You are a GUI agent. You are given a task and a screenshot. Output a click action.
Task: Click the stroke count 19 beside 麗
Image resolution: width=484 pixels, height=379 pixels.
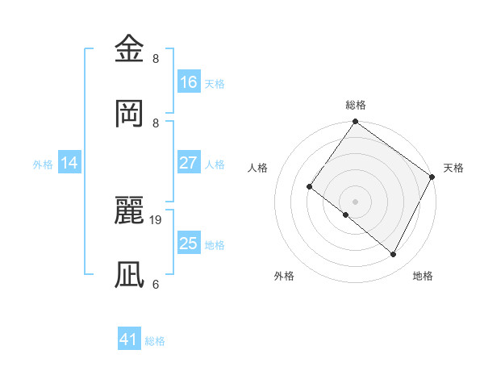click(156, 219)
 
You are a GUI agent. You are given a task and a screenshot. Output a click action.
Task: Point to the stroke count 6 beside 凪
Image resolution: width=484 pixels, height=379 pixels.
click(156, 283)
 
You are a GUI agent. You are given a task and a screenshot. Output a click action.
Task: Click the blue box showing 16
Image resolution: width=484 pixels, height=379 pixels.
click(188, 82)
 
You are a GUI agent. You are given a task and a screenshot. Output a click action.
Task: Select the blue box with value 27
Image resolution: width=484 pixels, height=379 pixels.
click(188, 163)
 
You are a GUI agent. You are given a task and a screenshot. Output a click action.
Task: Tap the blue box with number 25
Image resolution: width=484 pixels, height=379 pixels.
click(188, 244)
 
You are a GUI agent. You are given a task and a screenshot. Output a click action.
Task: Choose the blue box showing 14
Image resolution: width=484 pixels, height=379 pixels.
click(69, 163)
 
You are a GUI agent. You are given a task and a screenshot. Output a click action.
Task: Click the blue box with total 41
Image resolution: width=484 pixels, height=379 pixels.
click(129, 339)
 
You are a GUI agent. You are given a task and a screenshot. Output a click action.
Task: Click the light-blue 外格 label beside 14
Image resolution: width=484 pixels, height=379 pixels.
click(43, 164)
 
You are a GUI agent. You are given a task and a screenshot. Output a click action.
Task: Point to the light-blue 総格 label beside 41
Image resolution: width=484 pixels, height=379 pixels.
click(155, 341)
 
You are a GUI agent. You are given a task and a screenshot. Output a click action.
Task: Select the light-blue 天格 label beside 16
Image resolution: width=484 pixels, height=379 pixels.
click(215, 83)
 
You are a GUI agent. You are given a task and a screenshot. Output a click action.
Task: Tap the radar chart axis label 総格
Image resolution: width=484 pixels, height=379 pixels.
click(355, 105)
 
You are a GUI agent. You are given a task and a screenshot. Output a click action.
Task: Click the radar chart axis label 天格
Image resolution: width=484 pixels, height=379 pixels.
click(453, 168)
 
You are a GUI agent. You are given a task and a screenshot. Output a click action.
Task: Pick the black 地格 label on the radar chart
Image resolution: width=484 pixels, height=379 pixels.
click(423, 276)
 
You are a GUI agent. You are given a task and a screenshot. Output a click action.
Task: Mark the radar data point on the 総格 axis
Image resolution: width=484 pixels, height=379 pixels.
click(355, 123)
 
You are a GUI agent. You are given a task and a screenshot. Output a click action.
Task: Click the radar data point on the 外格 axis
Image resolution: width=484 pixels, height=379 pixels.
click(346, 215)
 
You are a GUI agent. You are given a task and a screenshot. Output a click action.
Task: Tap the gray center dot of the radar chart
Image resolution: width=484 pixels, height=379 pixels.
click(355, 201)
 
